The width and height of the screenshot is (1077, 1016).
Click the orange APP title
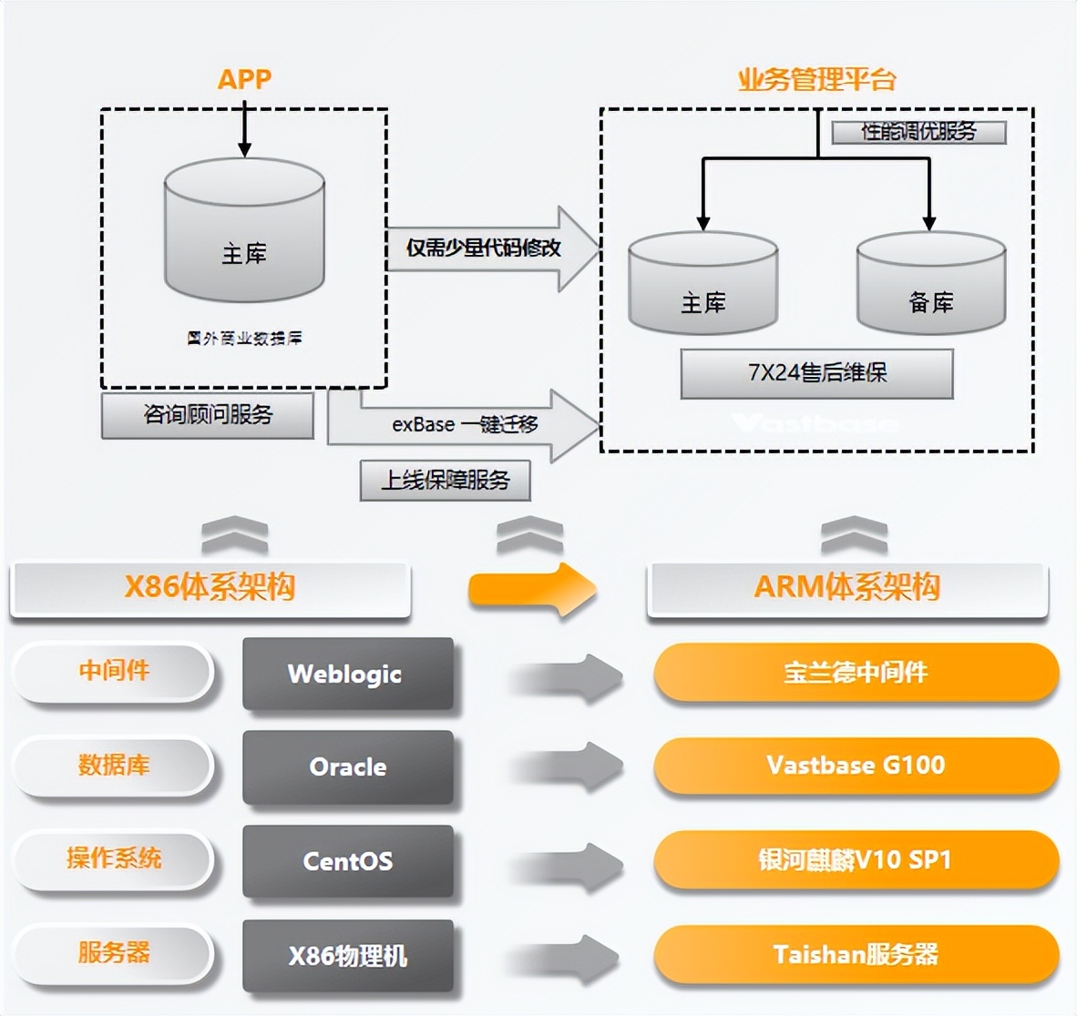coord(244,79)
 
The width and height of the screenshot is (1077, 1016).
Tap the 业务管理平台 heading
coord(816,79)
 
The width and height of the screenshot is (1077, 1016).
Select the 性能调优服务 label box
coord(918,132)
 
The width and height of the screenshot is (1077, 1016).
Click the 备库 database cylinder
coord(930,284)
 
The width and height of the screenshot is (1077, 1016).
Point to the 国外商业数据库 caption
coord(244,339)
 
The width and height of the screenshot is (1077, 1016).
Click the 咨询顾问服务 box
coord(208,415)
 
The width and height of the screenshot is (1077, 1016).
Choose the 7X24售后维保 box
coord(816,373)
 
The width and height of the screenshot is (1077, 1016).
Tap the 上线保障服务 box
coord(445,481)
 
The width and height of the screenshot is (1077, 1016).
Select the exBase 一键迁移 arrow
coord(465,425)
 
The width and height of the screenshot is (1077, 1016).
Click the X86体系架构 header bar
coord(210,587)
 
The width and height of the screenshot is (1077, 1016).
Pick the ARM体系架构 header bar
coord(846,587)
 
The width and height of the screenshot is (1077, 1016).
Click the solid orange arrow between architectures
coord(532,590)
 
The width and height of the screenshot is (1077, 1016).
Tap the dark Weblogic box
coord(347,674)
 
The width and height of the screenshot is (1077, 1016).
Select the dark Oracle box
coord(347,767)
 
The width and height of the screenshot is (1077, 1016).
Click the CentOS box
coord(347,861)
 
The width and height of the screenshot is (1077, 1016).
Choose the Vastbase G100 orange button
coord(856,766)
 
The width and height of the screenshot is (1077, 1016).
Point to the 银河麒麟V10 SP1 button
coord(856,860)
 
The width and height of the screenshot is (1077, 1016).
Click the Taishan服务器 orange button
coord(856,955)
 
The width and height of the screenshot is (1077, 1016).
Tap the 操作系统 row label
coord(113,859)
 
